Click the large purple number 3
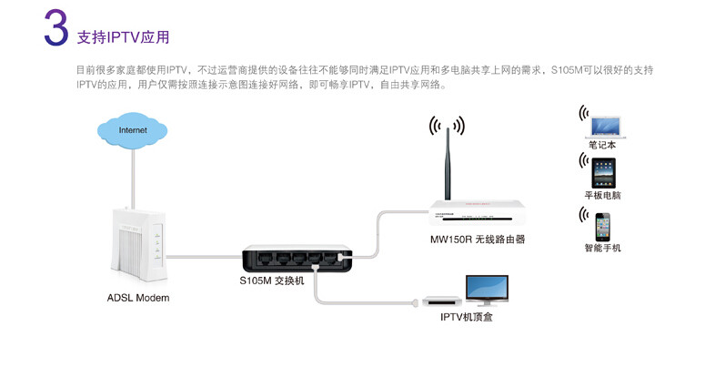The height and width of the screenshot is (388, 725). (55, 30)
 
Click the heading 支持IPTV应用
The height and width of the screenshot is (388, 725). (123, 37)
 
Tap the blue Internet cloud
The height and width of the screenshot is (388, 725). (133, 131)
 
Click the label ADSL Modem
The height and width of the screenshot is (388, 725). (138, 298)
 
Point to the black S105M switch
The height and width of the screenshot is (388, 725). (297, 258)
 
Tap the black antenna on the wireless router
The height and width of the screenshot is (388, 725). (447, 165)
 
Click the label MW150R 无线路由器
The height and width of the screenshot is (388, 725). (478, 240)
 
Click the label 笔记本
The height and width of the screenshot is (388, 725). (602, 144)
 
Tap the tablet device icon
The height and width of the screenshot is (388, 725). (603, 172)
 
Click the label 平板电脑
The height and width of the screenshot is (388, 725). (603, 195)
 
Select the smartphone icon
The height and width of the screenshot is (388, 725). (603, 226)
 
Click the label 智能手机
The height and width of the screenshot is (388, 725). (603, 248)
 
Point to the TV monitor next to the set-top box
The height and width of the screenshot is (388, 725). (487, 289)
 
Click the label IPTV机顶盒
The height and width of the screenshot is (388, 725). (467, 316)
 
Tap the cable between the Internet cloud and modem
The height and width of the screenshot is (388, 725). (134, 178)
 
